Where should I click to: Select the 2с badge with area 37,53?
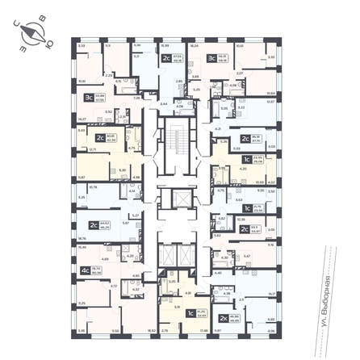click(x=167, y=58)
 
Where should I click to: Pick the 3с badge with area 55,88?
click(x=87, y=98)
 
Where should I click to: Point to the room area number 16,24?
click(x=194, y=47)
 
